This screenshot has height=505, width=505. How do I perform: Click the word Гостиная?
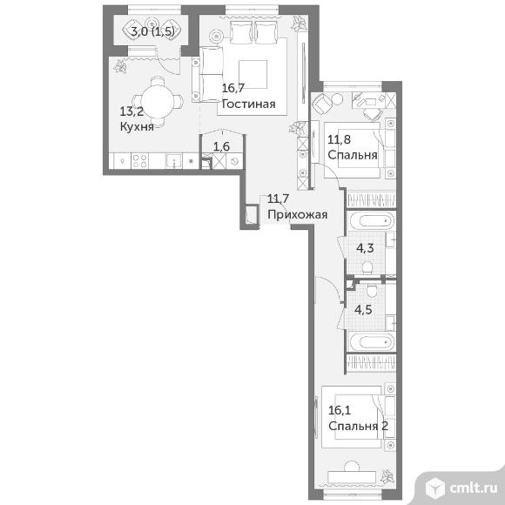(x=249, y=104)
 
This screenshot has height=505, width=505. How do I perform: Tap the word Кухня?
(x=137, y=126)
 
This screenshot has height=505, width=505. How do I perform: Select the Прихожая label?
(x=297, y=215)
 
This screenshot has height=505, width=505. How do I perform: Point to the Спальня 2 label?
(x=358, y=426)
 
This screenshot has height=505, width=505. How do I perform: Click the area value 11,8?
(x=340, y=140)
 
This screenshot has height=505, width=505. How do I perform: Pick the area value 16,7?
(x=233, y=88)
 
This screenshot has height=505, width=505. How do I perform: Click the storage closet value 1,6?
(x=221, y=146)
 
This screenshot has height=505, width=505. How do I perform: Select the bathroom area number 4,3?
(x=365, y=248)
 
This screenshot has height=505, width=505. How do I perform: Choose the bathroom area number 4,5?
(x=363, y=309)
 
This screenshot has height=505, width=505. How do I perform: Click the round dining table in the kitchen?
(x=158, y=102)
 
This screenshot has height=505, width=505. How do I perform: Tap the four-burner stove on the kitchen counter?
(x=140, y=161)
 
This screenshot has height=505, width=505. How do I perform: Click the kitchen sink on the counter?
(x=173, y=161)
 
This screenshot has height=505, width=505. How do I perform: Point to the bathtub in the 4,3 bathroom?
(x=371, y=221)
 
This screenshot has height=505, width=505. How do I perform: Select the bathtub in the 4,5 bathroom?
(x=371, y=342)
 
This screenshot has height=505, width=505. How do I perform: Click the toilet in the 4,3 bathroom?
(x=367, y=267)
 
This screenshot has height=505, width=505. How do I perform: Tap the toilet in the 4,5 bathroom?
(x=371, y=290)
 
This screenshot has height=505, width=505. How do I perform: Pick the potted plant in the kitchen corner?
(x=121, y=67)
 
